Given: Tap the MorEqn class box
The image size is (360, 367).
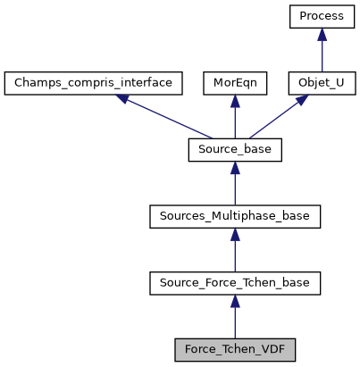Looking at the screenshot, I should coord(235,84).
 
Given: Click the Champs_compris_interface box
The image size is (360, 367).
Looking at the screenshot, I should coord(94,84).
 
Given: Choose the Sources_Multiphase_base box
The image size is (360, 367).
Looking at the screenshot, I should coord(235,216).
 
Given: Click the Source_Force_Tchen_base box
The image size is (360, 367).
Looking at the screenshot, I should coord(235,282).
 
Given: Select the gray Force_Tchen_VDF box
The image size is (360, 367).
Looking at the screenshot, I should coord(235,348).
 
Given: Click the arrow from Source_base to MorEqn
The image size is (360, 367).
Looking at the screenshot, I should coord(235,120).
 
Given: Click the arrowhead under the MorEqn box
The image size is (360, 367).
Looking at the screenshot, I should coord(235,102).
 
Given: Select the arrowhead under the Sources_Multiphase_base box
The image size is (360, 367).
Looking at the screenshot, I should coord(235,234).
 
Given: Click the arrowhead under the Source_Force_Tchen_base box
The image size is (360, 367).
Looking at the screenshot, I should coord(235,300).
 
